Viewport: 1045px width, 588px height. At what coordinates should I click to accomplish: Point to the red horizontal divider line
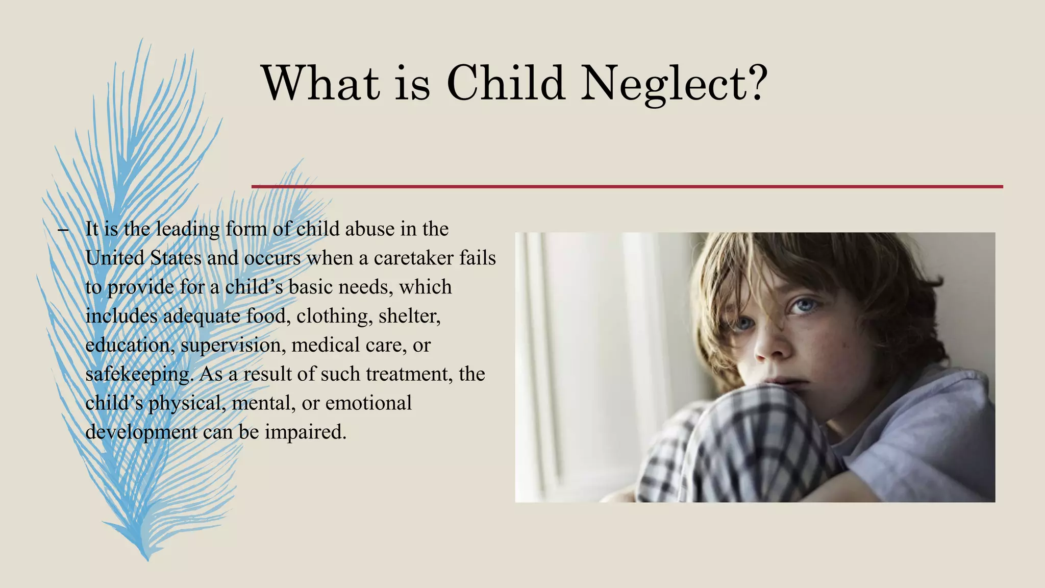tap(627, 187)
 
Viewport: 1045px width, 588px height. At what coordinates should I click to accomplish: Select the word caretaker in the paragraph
tap(413, 258)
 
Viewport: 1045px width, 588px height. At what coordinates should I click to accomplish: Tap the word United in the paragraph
tap(115, 258)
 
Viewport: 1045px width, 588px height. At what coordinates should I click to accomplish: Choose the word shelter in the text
tap(409, 316)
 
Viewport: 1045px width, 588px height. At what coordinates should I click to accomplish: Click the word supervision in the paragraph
tap(231, 345)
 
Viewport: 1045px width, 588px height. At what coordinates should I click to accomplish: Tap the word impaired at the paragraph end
tap(306, 432)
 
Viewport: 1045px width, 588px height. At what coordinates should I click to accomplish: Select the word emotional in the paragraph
tap(368, 403)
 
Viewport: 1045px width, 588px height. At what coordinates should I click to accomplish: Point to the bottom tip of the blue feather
tap(147, 559)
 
